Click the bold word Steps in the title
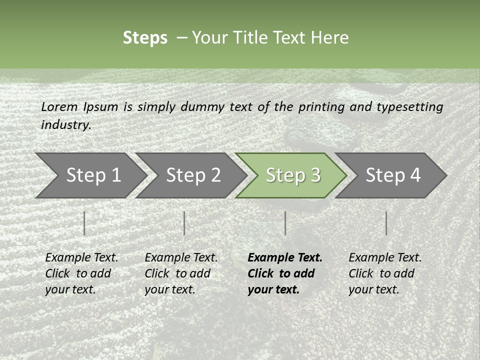[145, 38]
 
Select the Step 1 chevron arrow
[90, 175]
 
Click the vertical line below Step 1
[84, 223]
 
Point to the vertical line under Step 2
[184, 223]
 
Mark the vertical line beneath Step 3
[285, 223]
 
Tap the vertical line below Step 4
[386, 223]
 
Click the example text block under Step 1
[81, 273]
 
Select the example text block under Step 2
[181, 273]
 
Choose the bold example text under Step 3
[285, 273]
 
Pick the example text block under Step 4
[385, 273]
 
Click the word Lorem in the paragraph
[59, 107]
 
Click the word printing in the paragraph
[322, 107]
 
